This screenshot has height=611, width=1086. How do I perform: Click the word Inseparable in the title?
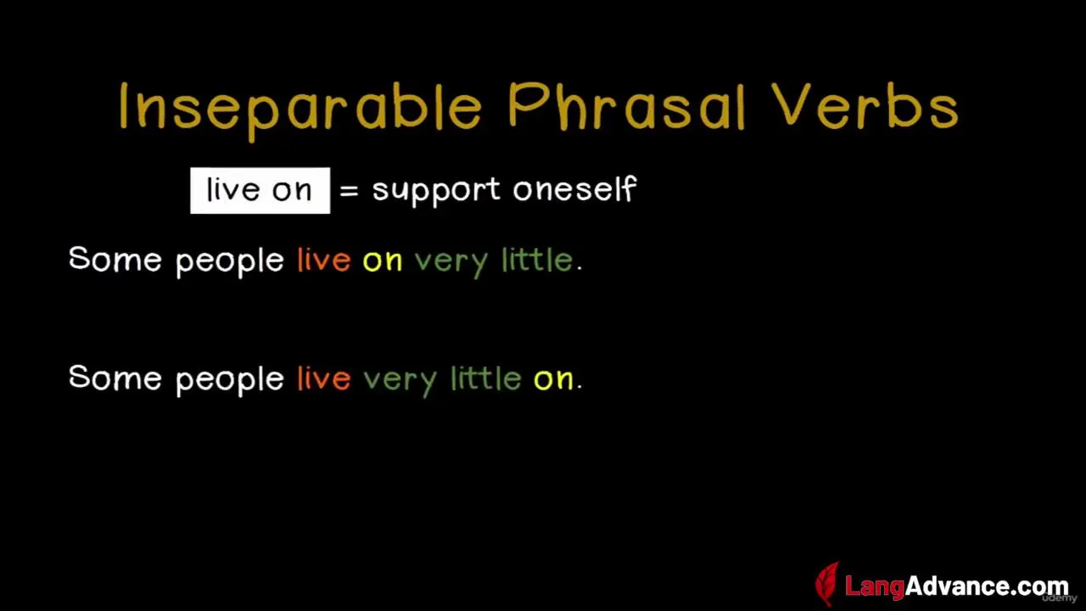point(300,109)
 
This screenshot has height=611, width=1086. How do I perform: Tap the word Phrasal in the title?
point(626,106)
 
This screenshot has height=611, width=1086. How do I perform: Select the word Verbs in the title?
point(865,106)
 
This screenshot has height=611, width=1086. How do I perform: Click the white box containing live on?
point(260,190)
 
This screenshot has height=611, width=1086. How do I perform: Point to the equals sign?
point(349,191)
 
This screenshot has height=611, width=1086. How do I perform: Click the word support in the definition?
point(436,191)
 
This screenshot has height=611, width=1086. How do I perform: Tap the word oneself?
point(574,188)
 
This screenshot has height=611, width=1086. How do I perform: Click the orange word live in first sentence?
point(324,260)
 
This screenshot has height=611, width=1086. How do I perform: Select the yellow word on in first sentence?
point(383,261)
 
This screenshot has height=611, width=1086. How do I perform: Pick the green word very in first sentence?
point(451,264)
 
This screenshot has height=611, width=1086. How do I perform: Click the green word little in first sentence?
point(537,260)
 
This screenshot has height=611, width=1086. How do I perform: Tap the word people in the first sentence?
point(230,263)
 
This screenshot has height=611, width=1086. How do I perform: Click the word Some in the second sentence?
point(115,378)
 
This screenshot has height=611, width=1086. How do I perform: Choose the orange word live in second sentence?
point(324,378)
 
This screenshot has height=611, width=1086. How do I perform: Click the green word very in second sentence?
point(400,382)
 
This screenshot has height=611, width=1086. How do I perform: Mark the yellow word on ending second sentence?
point(553,380)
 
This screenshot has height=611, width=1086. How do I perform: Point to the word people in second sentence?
point(230,382)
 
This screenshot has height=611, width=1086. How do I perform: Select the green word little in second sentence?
point(486,378)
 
